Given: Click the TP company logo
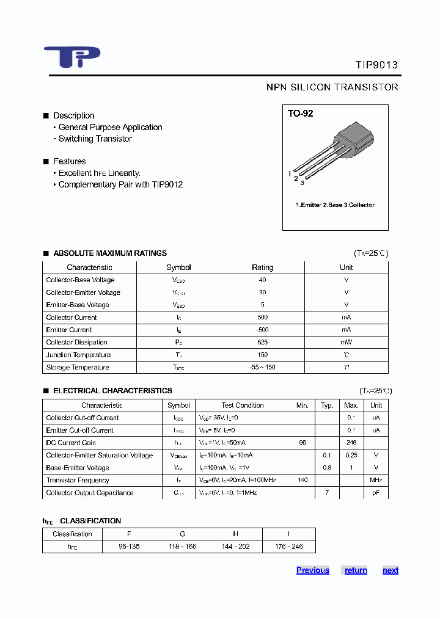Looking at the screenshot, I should [x=71, y=57].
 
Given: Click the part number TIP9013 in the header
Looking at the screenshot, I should [x=376, y=65].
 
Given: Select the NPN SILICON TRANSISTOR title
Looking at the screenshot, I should [x=332, y=87].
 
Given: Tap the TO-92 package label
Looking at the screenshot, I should [x=301, y=114].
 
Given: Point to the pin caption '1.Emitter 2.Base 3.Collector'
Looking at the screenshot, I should [x=335, y=205].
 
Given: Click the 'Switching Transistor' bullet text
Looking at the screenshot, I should [x=95, y=139].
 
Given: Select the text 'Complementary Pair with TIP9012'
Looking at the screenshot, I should [x=120, y=184].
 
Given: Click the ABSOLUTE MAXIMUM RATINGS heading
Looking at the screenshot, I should [x=110, y=253].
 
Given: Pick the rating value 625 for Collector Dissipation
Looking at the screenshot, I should [x=262, y=343].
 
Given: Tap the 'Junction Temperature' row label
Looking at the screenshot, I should [x=78, y=355].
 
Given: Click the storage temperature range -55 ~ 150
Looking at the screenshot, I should [x=262, y=368].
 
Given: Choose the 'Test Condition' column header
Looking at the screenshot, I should [x=242, y=405].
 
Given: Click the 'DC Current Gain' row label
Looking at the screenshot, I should [x=71, y=443].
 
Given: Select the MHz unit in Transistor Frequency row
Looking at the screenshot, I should [x=376, y=481].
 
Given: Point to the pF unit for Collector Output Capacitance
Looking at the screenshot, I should [x=376, y=493].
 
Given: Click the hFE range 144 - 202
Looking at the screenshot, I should [x=235, y=547].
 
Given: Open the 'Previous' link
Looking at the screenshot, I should [x=313, y=570].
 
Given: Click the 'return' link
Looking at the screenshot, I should [x=356, y=570].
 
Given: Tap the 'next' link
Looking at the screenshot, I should [x=391, y=570].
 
